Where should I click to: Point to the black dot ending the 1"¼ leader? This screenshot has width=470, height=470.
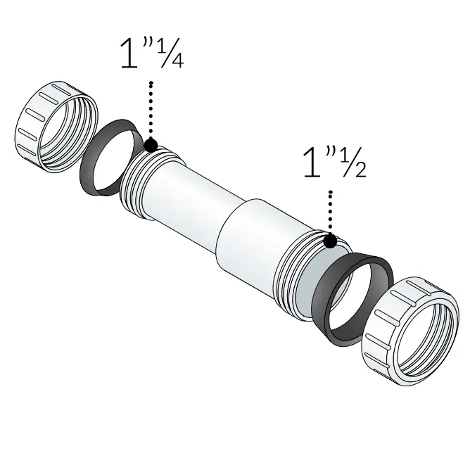pos(150,146)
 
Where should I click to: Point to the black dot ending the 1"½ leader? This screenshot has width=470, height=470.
pos(329,242)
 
